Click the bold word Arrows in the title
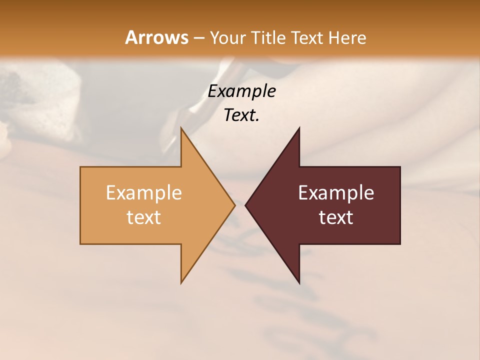(x=156, y=37)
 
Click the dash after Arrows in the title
(x=198, y=38)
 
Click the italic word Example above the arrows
(x=241, y=91)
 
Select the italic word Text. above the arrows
(x=241, y=115)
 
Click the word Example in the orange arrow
(x=144, y=193)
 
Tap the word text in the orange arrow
(x=144, y=217)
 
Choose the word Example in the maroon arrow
(x=336, y=193)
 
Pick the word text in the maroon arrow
(x=336, y=217)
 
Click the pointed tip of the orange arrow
(x=235, y=205)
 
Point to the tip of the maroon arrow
(x=245, y=205)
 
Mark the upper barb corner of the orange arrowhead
(x=181, y=127)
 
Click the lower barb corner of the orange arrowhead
(x=181, y=283)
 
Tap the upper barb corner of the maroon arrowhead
(x=299, y=127)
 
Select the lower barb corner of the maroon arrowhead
(x=299, y=283)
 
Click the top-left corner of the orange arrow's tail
(x=80, y=167)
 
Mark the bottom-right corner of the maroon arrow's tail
(x=400, y=244)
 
